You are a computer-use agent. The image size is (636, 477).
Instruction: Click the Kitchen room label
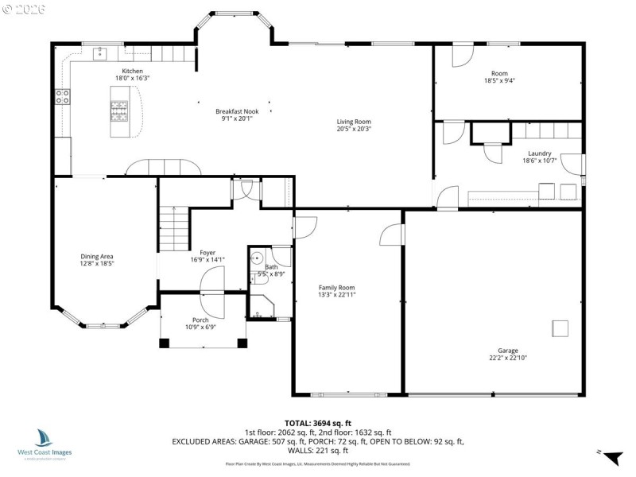[x=132, y=72]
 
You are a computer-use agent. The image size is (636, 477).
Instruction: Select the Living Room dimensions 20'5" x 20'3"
[x=354, y=129]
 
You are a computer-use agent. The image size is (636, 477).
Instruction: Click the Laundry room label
[x=539, y=153]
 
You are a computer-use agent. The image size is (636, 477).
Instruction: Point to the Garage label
[x=508, y=351]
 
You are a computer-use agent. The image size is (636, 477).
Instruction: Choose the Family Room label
[x=336, y=288]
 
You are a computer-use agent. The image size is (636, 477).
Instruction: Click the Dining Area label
[x=97, y=256]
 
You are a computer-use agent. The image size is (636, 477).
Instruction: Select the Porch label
[x=200, y=320]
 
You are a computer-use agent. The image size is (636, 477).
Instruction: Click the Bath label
[x=272, y=267]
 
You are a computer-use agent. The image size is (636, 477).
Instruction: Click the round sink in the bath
[x=257, y=258]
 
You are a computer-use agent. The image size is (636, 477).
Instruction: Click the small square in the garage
[x=561, y=328]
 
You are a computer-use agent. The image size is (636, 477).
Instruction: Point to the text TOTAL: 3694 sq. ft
[x=317, y=423]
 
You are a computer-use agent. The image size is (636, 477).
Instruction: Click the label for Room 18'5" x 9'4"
[x=499, y=76]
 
